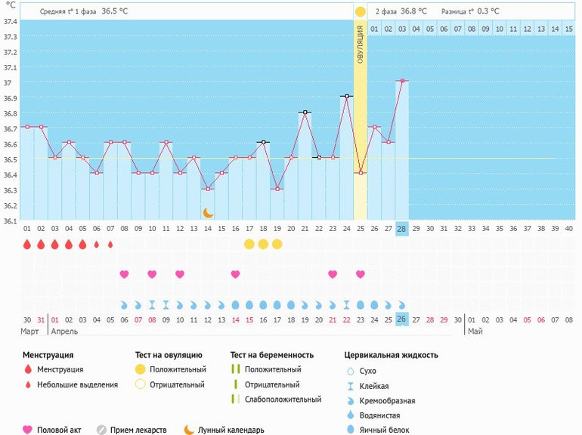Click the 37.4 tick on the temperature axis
tap(11, 20)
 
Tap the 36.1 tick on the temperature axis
tap(11, 221)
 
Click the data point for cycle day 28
tap(402, 80)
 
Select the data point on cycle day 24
tap(346, 96)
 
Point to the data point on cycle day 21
tap(305, 112)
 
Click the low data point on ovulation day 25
tap(361, 173)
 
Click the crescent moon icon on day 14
tap(208, 213)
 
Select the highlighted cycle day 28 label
tap(402, 228)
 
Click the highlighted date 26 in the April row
tap(402, 319)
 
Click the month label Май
tap(475, 332)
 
